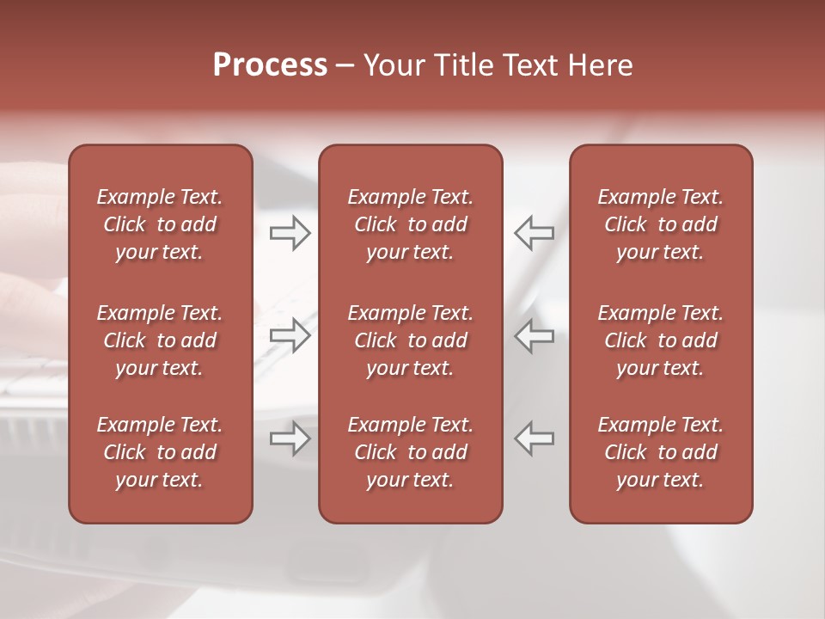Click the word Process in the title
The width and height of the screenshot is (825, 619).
click(x=270, y=65)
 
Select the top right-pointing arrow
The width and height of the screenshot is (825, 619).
click(x=290, y=232)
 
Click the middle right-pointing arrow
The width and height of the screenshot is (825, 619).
click(x=290, y=335)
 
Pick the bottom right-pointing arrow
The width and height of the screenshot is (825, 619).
click(x=290, y=438)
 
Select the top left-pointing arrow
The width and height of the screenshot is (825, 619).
click(x=535, y=232)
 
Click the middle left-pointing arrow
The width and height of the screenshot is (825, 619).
click(x=535, y=335)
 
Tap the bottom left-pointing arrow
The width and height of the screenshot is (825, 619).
click(x=535, y=438)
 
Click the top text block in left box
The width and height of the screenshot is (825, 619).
click(x=160, y=224)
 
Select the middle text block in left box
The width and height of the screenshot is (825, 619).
click(x=160, y=340)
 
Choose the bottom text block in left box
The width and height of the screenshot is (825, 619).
click(x=160, y=452)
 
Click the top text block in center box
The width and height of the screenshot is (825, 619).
click(x=411, y=224)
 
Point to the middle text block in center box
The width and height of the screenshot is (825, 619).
click(x=411, y=340)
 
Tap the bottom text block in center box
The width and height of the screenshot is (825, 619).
click(x=411, y=452)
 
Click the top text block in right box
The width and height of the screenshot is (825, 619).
click(x=661, y=224)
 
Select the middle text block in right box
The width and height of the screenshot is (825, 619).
click(x=661, y=340)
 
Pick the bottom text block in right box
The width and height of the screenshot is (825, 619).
click(x=661, y=452)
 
